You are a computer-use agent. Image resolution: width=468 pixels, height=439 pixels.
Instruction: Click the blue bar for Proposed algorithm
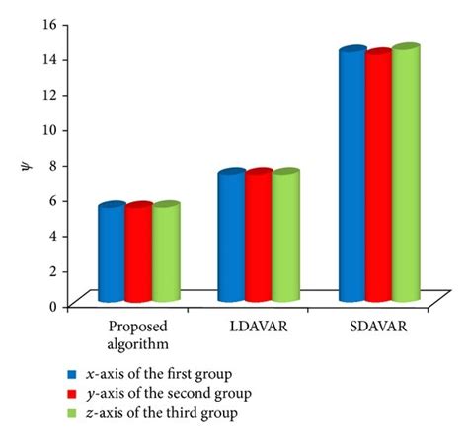(x=111, y=253)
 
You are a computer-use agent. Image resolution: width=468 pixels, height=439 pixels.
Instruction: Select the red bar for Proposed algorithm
(x=138, y=253)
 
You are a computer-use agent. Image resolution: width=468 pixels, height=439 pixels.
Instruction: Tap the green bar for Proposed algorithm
(x=166, y=253)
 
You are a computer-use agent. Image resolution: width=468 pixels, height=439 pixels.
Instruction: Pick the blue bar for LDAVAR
(x=231, y=236)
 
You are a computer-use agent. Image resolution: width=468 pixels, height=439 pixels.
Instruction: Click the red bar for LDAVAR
(x=259, y=236)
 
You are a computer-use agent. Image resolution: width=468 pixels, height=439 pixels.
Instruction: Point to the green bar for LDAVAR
(x=285, y=236)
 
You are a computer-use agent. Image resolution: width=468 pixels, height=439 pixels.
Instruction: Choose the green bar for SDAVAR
(x=406, y=174)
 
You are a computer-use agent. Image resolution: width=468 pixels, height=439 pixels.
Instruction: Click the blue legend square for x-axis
(x=71, y=375)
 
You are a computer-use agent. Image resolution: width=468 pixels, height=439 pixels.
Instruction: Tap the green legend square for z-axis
(x=71, y=411)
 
